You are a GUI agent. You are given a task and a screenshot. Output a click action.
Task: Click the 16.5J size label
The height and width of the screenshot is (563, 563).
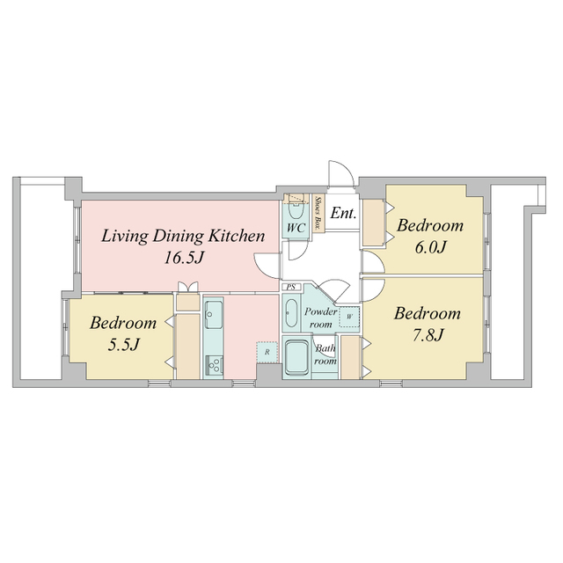[184, 258]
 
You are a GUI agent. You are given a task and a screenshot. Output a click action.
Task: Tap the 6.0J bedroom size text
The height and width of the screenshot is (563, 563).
[431, 248]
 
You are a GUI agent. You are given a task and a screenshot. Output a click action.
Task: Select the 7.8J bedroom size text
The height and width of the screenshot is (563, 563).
[428, 335]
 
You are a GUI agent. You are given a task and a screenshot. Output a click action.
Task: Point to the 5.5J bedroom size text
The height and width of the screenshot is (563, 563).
[123, 345]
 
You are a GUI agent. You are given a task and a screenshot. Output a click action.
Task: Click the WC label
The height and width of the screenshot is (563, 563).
[296, 228]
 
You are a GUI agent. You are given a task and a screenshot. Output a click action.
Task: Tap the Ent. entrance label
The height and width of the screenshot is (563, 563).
[343, 213]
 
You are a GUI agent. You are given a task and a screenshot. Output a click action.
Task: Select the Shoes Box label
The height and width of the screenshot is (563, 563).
[318, 213]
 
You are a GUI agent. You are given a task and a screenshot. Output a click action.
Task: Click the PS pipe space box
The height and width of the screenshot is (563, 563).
[291, 287]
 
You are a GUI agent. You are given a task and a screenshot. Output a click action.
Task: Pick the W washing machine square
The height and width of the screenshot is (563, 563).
[349, 317]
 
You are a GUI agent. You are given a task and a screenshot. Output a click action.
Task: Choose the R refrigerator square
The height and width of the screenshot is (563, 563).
[267, 352]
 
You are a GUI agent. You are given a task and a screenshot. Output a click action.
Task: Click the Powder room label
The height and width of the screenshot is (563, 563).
[320, 318]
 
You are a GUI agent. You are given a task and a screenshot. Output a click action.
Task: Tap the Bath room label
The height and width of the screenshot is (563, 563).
[325, 355]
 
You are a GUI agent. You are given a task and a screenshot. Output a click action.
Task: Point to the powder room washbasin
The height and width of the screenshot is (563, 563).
[291, 313]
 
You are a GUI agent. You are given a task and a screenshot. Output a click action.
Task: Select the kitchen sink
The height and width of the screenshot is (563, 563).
[213, 315]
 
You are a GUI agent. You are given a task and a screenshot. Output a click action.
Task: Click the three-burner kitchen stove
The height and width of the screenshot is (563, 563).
[214, 366]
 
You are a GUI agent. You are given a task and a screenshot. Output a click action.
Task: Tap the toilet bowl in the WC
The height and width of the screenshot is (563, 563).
[296, 212]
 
